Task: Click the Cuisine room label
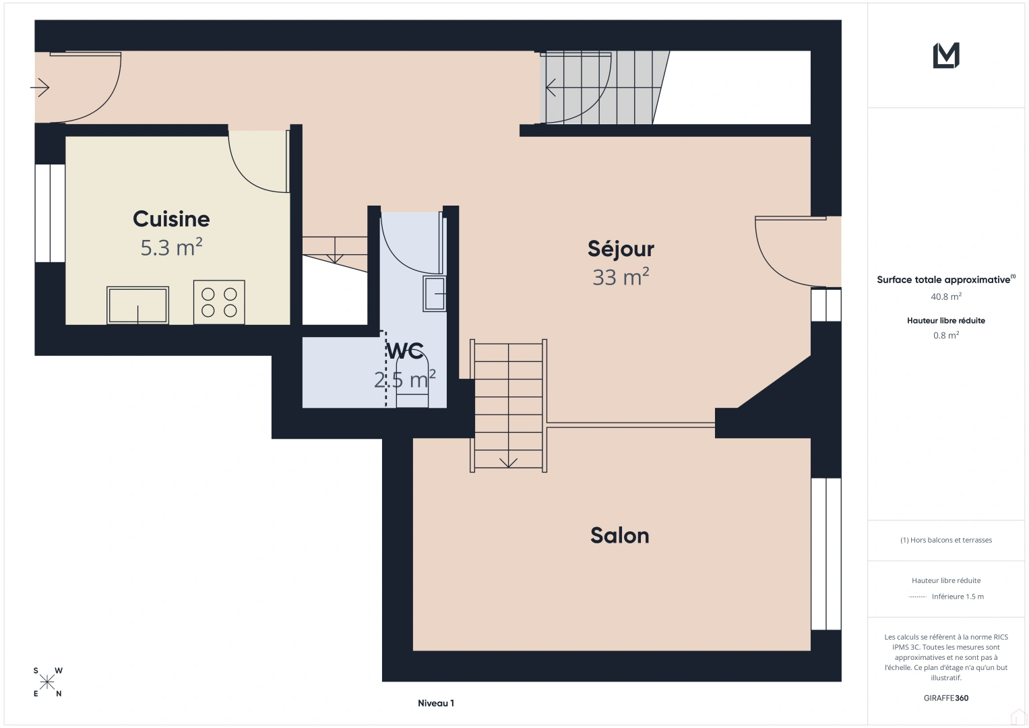tap(171, 219)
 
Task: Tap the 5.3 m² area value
tap(171, 247)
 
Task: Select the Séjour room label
tap(621, 249)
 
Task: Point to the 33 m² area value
tap(621, 276)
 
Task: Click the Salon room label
tap(620, 535)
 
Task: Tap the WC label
tap(405, 351)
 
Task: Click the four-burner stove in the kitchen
tap(219, 302)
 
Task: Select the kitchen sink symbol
tap(138, 305)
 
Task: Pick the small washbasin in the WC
tap(435, 294)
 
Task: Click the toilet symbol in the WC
tap(412, 381)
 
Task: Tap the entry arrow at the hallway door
tap(40, 88)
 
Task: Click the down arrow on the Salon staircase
tap(508, 463)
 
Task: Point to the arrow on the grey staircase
tap(551, 88)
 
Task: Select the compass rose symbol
tap(47, 682)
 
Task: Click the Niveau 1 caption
tap(436, 703)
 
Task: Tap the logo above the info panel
tap(946, 55)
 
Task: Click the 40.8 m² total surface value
tap(946, 297)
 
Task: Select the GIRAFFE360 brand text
tap(946, 698)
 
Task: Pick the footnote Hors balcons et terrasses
tap(946, 540)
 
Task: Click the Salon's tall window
tap(826, 554)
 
